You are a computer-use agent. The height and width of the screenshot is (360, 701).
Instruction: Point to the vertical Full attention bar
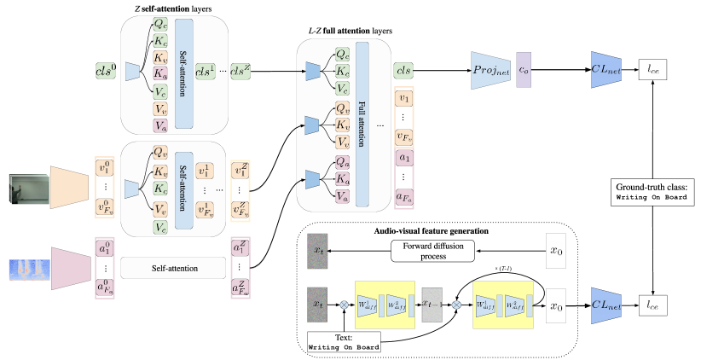point(362,124)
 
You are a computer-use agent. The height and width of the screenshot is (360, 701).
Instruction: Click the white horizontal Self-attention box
point(173,268)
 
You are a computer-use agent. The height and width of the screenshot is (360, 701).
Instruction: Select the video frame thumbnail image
point(29,189)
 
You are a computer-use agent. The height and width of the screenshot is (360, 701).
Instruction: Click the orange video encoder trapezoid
point(69,188)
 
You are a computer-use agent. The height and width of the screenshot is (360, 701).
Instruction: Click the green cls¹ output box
point(206,73)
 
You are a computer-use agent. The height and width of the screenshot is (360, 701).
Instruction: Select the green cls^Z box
point(241,73)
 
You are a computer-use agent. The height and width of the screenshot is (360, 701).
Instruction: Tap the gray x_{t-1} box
point(432,304)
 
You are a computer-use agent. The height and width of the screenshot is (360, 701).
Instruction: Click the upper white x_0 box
point(556,251)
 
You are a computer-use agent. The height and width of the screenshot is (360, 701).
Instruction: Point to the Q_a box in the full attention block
point(342,161)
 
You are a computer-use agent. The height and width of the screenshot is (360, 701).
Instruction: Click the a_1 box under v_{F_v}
point(404,158)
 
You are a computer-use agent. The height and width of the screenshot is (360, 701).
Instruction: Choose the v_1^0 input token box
point(104,167)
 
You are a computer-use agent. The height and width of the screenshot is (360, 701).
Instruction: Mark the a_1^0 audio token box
point(104,250)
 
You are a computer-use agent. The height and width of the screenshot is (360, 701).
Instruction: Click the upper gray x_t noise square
point(317,251)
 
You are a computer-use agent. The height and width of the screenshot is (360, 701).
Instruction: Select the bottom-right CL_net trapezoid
point(606,305)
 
